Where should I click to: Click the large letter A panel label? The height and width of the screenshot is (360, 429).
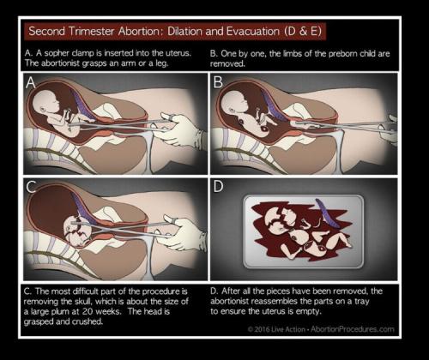(x=31, y=82)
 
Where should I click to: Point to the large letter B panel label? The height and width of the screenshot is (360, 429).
(x=218, y=82)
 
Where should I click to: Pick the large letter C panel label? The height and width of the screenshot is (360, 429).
(x=31, y=187)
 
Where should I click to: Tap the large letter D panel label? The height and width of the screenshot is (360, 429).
(x=218, y=186)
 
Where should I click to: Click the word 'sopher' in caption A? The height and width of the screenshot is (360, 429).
(x=57, y=54)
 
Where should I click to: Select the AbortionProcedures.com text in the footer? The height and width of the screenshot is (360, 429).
(x=353, y=329)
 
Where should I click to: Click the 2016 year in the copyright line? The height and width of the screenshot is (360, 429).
(x=262, y=329)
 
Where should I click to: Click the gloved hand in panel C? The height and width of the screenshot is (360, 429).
(x=183, y=234)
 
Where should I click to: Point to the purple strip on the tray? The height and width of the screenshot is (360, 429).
(x=327, y=213)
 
